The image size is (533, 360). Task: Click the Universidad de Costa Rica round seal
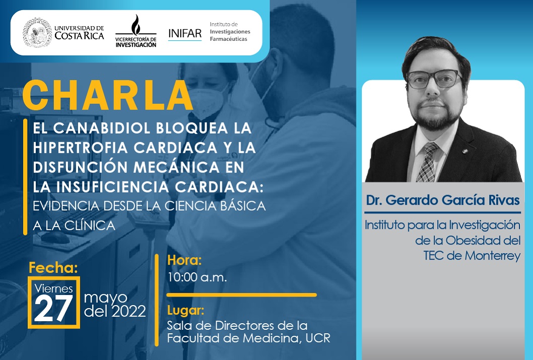(x=37, y=33)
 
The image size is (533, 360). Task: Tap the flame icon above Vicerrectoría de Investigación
(x=136, y=25)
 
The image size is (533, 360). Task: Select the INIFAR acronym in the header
(x=185, y=33)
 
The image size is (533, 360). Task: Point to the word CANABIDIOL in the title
(x=102, y=128)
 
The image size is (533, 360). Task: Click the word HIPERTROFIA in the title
(x=81, y=148)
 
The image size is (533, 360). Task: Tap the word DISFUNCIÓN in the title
(x=80, y=167)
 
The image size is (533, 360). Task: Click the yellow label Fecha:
(x=53, y=268)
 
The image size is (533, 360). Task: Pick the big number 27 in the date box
(x=54, y=308)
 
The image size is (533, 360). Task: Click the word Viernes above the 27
(x=54, y=288)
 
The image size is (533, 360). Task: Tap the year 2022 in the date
(x=129, y=311)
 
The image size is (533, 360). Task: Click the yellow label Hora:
(x=184, y=260)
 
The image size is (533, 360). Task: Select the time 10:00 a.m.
(x=197, y=277)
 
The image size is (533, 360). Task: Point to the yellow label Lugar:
(x=185, y=311)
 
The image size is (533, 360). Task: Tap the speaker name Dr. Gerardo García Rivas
(x=443, y=200)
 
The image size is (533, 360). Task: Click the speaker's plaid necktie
(x=428, y=162)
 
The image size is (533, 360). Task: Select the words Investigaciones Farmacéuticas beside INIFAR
(x=230, y=35)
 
